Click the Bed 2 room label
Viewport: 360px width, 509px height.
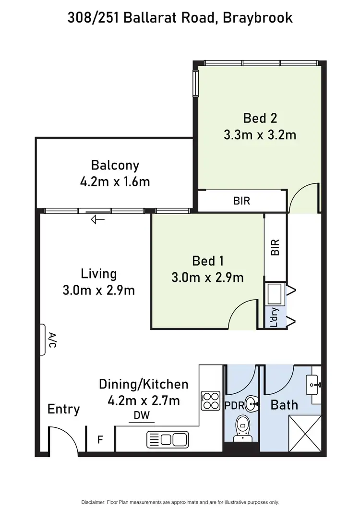(260, 118)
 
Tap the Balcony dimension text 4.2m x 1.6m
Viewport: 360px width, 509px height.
(115, 182)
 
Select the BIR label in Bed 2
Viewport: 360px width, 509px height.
(242, 201)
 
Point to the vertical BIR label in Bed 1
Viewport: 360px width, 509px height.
(275, 247)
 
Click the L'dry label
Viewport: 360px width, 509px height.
(275, 317)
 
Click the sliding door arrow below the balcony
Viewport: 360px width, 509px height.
(98, 219)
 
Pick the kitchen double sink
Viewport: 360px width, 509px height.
(167, 439)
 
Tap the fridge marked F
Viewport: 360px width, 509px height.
(101, 439)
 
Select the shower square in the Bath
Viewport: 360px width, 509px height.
(305, 434)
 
